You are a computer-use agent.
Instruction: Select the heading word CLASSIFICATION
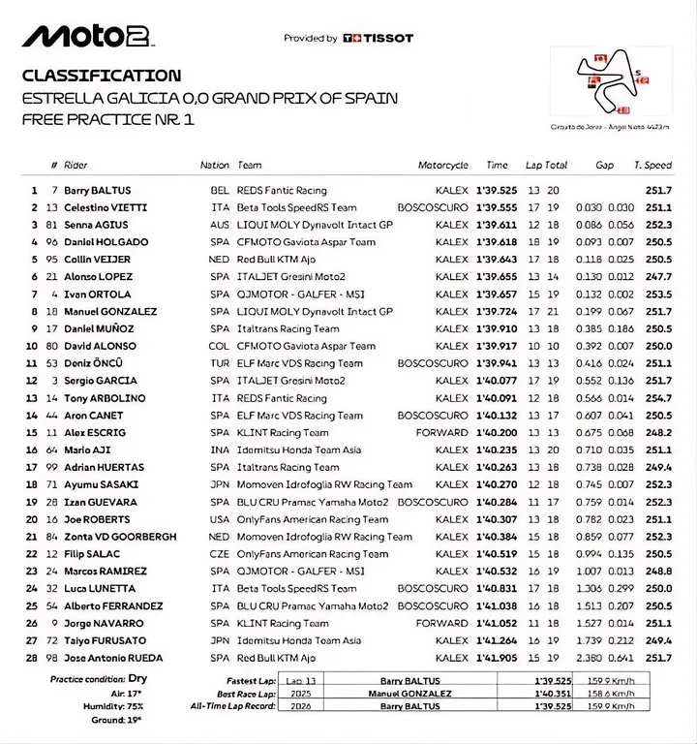click(x=101, y=76)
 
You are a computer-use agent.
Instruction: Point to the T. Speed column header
click(x=652, y=166)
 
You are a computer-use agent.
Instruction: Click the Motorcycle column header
click(x=442, y=166)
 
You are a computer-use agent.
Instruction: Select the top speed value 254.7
click(x=659, y=398)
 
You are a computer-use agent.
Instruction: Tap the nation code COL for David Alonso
click(x=220, y=346)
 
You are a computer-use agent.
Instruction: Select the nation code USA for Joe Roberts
click(x=220, y=519)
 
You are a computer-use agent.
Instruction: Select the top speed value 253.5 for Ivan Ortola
click(x=659, y=294)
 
